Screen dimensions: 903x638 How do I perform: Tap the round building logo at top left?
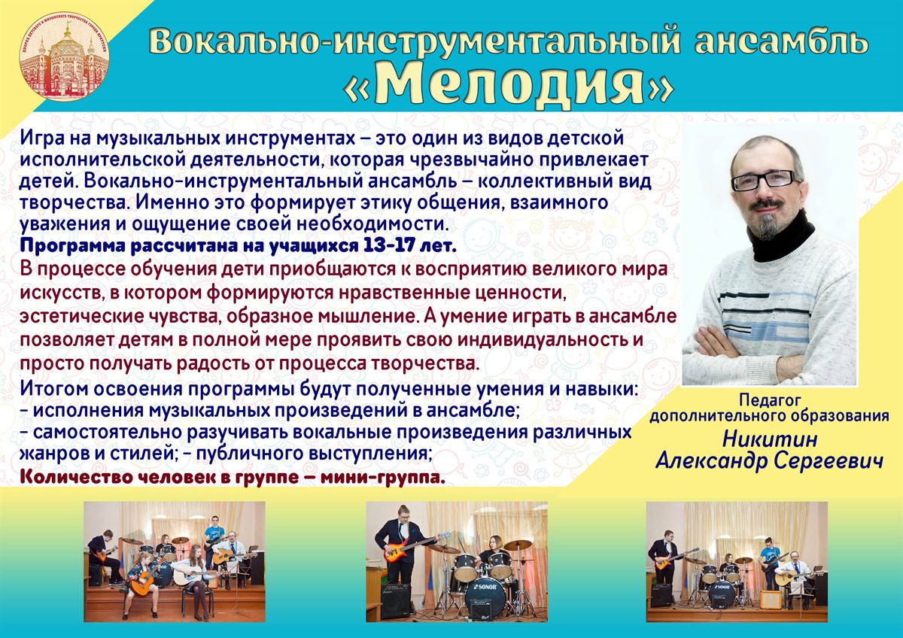pyautogui.click(x=65, y=57)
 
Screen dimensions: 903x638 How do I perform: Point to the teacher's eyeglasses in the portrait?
pyautogui.click(x=763, y=180)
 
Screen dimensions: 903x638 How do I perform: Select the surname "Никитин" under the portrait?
pyautogui.click(x=770, y=439)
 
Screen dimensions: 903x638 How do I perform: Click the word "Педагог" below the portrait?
pyautogui.click(x=770, y=400)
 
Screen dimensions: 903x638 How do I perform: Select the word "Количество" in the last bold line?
pyautogui.click(x=77, y=478)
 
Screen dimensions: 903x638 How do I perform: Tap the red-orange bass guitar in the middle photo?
pyautogui.click(x=415, y=547)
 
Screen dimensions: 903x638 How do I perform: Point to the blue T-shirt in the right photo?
pyautogui.click(x=770, y=555)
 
